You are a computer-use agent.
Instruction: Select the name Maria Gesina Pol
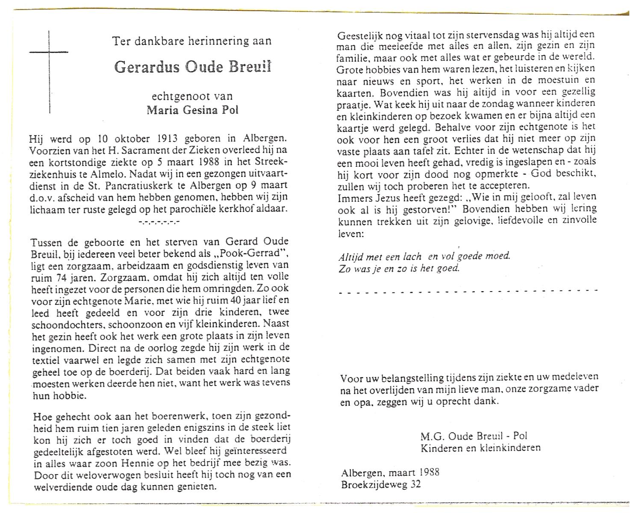(192, 110)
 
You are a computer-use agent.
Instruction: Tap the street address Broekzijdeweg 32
(381, 484)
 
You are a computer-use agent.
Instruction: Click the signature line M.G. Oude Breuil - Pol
(474, 436)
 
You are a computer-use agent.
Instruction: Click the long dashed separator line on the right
(468, 291)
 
